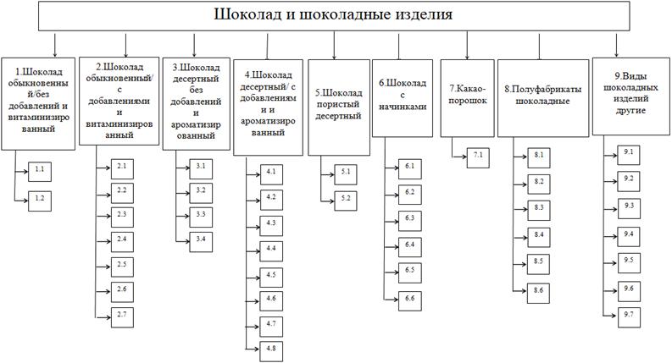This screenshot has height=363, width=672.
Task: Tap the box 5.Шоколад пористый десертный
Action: click(x=338, y=107)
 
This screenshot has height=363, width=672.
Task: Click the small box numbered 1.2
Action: click(x=41, y=198)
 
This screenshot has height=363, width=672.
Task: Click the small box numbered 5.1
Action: click(x=347, y=173)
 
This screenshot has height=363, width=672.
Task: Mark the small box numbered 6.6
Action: click(x=410, y=299)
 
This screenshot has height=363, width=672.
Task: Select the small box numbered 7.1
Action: click(x=479, y=154)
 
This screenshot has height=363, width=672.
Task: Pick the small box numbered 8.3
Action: click(x=539, y=208)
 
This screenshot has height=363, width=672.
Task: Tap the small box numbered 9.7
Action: click(x=629, y=315)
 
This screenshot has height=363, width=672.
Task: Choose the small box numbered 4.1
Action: click(x=272, y=173)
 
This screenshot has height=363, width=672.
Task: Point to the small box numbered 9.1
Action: click(x=629, y=152)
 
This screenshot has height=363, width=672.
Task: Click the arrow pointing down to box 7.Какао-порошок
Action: click(x=467, y=43)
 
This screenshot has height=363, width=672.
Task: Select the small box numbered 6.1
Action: click(x=410, y=167)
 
